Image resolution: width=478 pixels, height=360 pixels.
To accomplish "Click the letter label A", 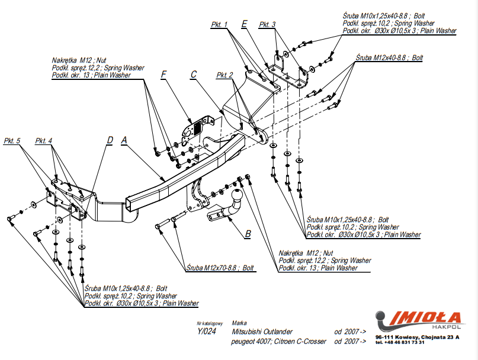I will click(124, 140).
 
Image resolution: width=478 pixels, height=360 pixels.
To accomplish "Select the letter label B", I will click(248, 233).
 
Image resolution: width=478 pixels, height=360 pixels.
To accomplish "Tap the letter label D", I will click(110, 140).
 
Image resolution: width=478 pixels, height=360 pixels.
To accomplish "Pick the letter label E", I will click(244, 24).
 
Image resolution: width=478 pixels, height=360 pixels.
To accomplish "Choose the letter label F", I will click(164, 74).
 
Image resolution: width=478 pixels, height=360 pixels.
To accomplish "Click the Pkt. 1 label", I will click(219, 25).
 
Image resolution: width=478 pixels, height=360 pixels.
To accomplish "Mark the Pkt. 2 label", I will click(225, 75).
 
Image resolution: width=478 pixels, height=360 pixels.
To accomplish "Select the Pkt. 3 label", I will click(267, 25).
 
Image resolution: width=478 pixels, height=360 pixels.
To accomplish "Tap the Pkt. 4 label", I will click(44, 141).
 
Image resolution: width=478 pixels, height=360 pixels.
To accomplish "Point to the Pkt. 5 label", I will click(12, 141).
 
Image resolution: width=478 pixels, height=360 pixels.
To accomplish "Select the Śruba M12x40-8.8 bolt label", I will click(389, 58).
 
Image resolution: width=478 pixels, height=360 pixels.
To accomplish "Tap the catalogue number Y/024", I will click(207, 332).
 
